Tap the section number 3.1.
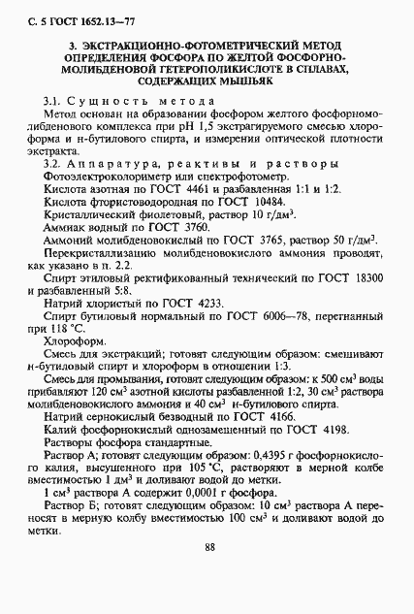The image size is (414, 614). click(54, 102)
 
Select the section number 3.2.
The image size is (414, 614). click(54, 164)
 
